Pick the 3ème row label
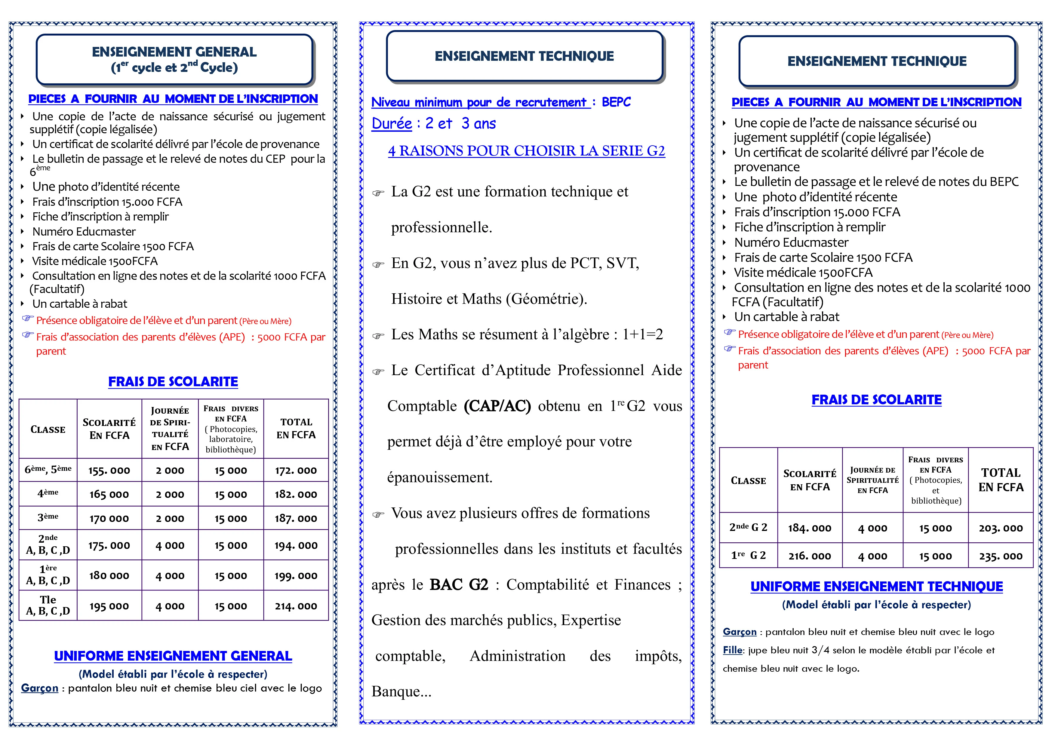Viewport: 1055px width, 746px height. click(x=48, y=517)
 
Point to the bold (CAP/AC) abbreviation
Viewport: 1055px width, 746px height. click(x=497, y=406)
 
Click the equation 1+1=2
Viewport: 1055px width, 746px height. click(x=642, y=334)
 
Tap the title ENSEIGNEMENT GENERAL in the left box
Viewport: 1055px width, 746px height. click(x=174, y=52)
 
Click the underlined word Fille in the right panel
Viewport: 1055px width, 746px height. click(x=732, y=650)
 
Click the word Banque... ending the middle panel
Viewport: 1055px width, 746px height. click(x=401, y=691)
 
